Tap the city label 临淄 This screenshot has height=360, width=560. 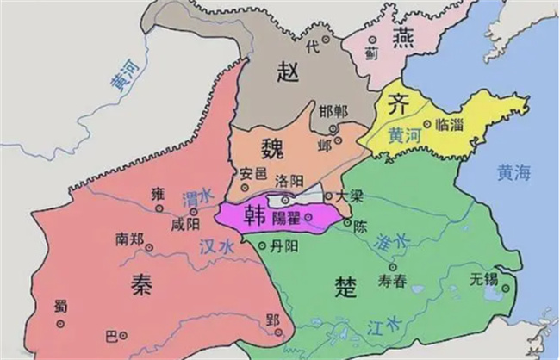(451, 125)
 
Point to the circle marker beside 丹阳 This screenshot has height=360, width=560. (264, 245)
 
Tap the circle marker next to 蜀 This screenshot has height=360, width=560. (60, 324)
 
